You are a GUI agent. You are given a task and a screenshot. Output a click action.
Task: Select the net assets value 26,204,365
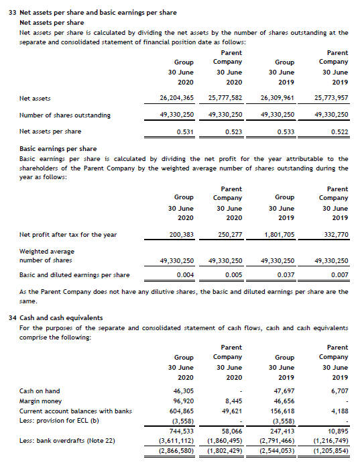point(177,98)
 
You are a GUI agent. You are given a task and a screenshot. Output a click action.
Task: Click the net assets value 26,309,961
point(277,98)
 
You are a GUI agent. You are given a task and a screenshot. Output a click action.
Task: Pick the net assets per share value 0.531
point(185,132)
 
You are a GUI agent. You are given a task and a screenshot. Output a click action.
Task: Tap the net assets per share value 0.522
point(339,132)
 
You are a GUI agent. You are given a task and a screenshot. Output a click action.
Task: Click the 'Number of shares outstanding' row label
point(65,115)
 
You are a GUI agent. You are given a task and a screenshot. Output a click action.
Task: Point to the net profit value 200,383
point(182,235)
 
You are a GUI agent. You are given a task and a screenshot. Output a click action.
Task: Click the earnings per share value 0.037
point(285,275)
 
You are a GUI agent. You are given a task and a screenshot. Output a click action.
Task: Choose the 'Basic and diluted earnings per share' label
point(74,275)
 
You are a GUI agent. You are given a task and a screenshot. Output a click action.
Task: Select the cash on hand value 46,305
point(183,391)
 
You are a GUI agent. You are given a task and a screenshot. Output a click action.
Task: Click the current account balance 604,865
point(182,411)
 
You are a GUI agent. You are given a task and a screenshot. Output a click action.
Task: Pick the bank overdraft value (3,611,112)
point(176,440)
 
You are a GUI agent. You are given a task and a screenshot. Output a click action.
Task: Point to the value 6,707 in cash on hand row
point(339,391)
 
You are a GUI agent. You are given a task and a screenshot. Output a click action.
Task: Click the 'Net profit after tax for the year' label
point(68,235)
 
